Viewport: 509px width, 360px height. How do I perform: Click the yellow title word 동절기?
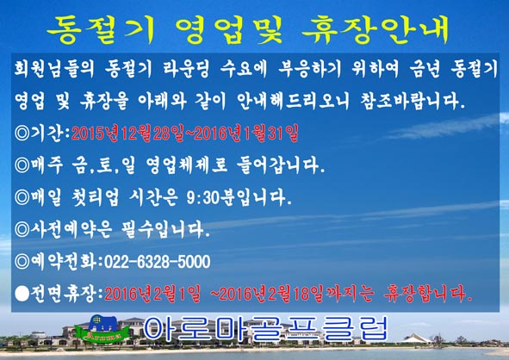point(102,30)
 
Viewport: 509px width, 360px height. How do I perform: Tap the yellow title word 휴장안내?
point(376,30)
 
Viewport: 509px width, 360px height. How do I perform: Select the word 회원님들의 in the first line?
point(54,69)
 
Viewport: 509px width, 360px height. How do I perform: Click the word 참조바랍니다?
point(413,101)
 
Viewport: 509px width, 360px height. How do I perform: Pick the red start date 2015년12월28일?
point(128,133)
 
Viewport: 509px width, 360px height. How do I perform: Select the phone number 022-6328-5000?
point(157,262)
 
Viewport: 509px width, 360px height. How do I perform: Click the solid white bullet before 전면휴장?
point(22,294)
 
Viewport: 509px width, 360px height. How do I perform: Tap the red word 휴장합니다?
point(428,294)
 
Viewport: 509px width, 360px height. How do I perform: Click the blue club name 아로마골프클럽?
point(265,328)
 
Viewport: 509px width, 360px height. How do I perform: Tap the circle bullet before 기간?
point(22,133)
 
